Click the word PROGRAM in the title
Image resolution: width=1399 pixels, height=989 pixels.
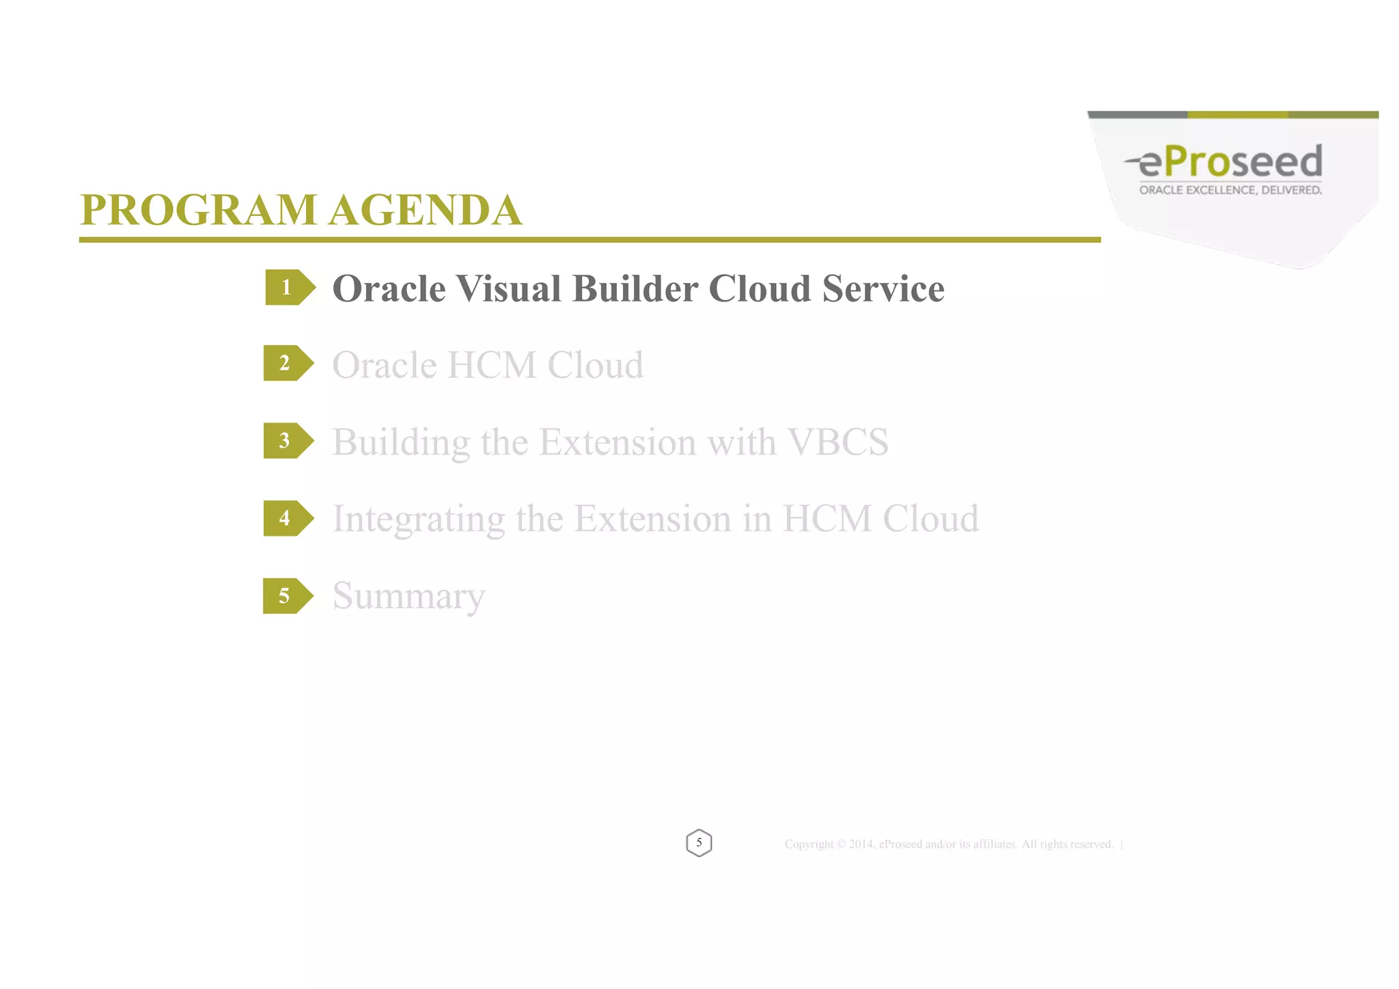click(198, 210)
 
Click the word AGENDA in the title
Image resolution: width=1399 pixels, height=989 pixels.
click(425, 210)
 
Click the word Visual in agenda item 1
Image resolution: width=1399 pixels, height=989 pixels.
click(508, 288)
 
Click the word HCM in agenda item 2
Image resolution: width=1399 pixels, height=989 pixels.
click(492, 365)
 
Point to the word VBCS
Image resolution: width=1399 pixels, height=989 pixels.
click(838, 442)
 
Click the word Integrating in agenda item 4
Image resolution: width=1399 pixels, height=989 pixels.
click(418, 519)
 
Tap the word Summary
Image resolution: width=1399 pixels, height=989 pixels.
click(408, 596)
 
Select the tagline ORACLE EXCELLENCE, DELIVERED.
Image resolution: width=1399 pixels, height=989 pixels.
click(1230, 190)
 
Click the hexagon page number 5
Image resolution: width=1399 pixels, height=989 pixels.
click(699, 843)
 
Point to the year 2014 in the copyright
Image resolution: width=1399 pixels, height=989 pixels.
click(861, 845)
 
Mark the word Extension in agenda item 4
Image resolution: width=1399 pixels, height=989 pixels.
click(652, 519)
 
